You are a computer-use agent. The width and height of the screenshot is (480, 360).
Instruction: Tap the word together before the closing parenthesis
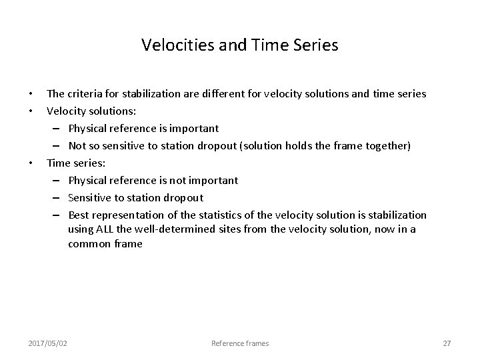(387, 145)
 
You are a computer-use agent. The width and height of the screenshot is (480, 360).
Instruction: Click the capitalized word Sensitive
(90, 197)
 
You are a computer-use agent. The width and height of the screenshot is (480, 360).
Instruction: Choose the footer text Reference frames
(240, 343)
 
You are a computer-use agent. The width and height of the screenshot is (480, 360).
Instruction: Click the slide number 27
(447, 343)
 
